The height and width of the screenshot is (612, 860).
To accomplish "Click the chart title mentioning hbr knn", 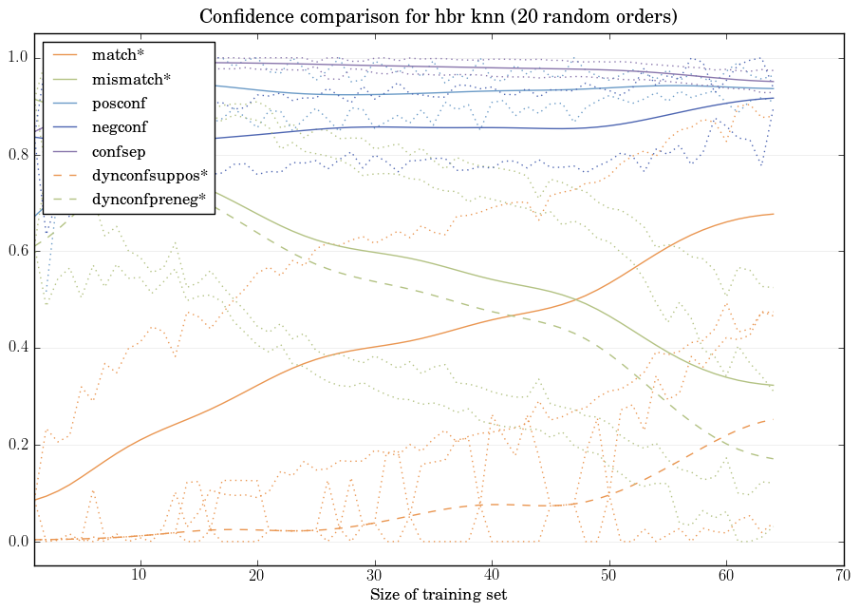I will (438, 17).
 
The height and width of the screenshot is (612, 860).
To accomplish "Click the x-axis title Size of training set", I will (438, 595).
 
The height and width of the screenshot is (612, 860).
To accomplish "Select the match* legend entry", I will (118, 55).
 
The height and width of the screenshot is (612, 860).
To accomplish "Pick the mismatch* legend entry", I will (131, 79).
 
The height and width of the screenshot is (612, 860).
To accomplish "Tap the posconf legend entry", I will (120, 103).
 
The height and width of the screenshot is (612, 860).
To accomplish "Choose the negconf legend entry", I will (120, 126).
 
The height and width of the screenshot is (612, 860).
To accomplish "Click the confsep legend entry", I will (119, 150).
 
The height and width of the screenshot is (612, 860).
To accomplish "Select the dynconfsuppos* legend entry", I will (149, 175).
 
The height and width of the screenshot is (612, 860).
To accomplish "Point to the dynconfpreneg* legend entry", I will (148, 199).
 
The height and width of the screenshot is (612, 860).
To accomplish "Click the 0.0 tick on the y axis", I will (19, 542).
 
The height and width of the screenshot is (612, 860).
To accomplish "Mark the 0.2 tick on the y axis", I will (19, 445).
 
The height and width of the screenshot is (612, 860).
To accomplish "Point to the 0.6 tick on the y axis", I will (19, 252).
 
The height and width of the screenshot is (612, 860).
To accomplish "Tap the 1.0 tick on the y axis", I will (19, 59).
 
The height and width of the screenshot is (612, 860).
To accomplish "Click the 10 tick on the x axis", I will (140, 575).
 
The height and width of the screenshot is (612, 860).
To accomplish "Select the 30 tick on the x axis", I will (374, 575).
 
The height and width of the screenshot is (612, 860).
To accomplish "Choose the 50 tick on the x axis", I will (608, 575).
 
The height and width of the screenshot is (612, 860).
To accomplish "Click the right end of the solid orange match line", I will (774, 214).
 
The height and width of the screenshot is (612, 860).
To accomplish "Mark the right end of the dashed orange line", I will (774, 419).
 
